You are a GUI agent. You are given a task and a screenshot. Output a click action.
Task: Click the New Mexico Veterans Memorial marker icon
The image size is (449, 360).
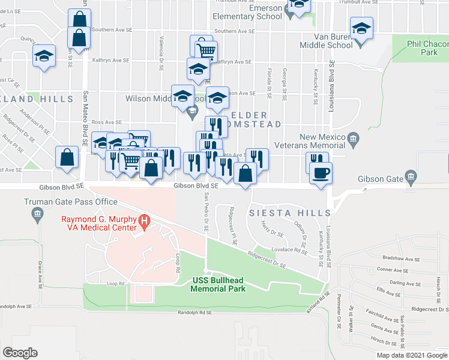pyautogui.click(x=353, y=142)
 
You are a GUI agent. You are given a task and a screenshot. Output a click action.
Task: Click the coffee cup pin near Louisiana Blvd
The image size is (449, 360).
pyautogui.click(x=321, y=172)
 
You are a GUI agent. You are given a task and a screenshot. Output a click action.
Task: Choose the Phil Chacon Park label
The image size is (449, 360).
pyautogui.click(x=421, y=48)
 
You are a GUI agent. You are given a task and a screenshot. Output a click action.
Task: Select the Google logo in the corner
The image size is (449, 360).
pyautogui.click(x=20, y=352)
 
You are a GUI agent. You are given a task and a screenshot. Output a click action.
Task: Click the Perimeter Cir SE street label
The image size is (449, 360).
pyautogui.click(x=339, y=316)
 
